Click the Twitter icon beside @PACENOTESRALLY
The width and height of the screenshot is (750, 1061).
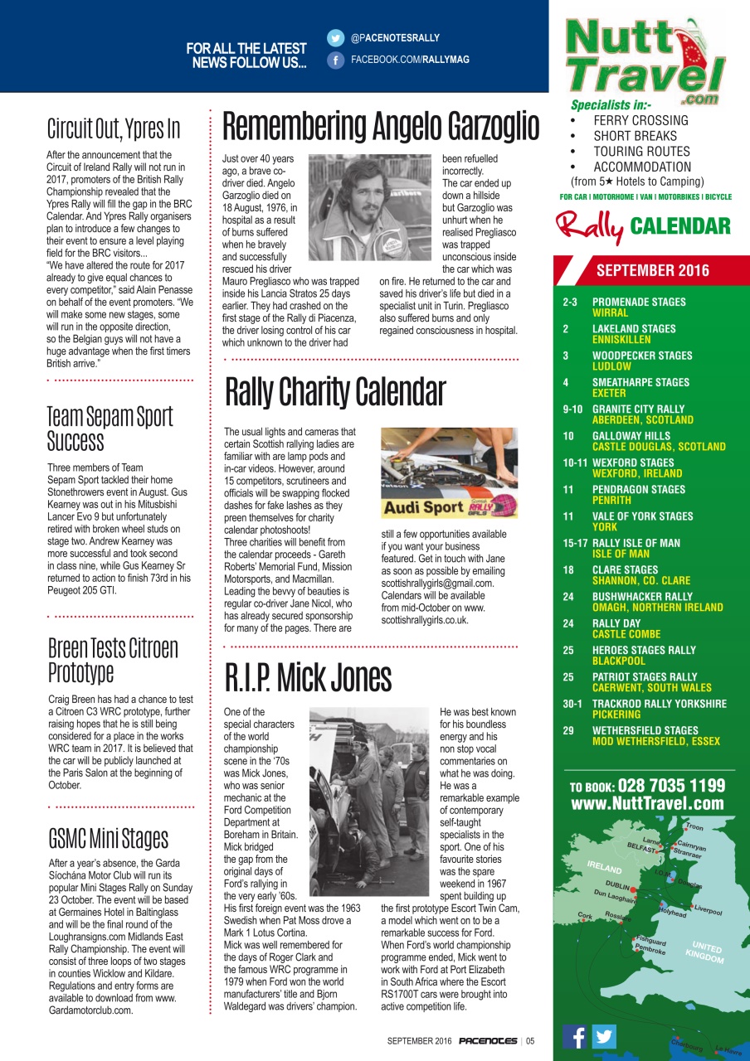click(x=335, y=38)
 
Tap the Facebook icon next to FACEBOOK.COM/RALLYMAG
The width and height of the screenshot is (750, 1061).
click(x=335, y=60)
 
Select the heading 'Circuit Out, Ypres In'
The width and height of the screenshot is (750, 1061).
click(x=114, y=129)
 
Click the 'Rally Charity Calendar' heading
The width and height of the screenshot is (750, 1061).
click(x=336, y=392)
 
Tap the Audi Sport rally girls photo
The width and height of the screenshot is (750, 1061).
click(x=449, y=473)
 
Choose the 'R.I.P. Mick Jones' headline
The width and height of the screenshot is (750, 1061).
click(x=309, y=678)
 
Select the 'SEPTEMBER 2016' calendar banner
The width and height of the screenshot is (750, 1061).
click(x=653, y=270)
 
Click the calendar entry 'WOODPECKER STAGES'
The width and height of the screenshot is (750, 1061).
click(x=642, y=356)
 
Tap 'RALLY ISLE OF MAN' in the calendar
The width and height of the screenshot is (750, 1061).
click(x=636, y=543)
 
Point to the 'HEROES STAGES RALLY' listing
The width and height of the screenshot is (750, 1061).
click(x=644, y=651)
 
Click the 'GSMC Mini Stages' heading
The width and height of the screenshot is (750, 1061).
click(x=108, y=838)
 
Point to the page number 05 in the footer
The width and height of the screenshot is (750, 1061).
click(x=530, y=1041)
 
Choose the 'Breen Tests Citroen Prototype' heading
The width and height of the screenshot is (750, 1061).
click(x=113, y=659)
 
